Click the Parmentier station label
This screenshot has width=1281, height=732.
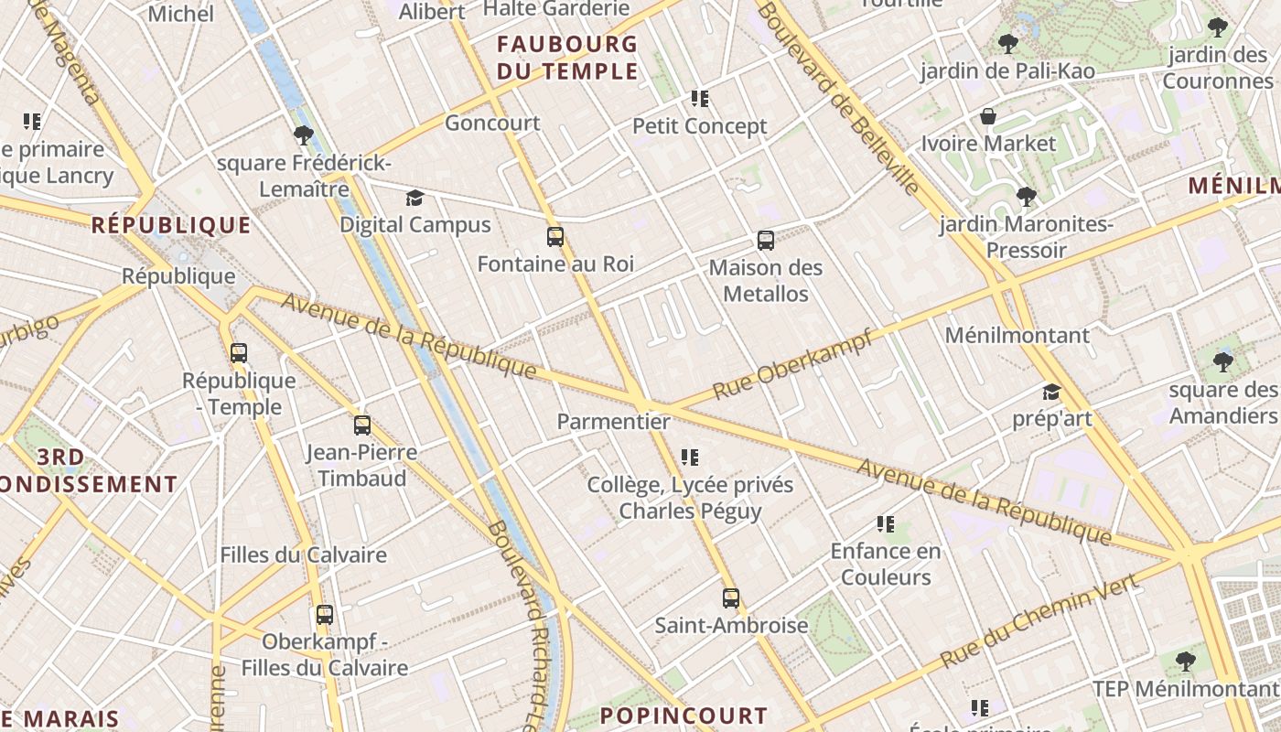(613, 422)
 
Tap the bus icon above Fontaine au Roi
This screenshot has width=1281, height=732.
(554, 237)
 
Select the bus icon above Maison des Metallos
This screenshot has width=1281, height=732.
(766, 241)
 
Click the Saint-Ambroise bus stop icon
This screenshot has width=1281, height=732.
(730, 598)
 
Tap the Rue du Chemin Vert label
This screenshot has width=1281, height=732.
(1039, 621)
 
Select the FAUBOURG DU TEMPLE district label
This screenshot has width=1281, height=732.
(567, 57)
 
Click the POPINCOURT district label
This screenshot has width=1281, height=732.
(684, 716)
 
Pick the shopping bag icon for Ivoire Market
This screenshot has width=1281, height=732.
(988, 116)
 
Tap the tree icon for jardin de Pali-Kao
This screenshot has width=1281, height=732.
(1007, 43)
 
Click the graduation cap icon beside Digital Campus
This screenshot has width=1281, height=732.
(414, 198)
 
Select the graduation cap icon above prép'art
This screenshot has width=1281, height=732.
(1051, 393)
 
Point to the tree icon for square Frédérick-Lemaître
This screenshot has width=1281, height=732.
(304, 136)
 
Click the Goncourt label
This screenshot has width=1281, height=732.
(492, 123)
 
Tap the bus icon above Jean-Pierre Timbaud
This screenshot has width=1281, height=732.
(362, 425)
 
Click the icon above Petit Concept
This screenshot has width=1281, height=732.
(700, 99)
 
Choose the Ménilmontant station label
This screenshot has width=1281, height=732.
(1017, 335)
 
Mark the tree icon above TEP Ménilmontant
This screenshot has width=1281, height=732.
(1185, 661)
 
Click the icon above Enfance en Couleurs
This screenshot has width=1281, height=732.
(885, 524)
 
